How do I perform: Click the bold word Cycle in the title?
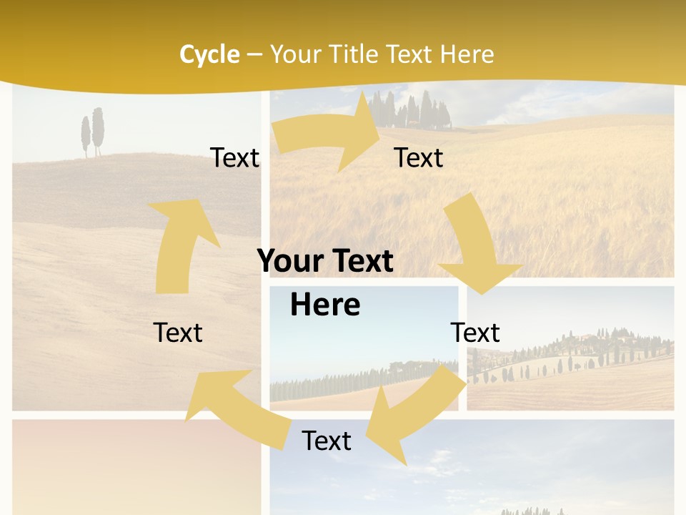tap(209, 54)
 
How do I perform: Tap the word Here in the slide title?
tap(467, 54)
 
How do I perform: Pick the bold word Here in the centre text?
tap(325, 305)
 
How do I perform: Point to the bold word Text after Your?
tap(362, 261)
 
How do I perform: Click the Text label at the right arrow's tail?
tap(234, 158)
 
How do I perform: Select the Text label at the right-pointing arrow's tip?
tap(419, 158)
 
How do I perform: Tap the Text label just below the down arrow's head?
tap(475, 333)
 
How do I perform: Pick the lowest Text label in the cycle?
tap(327, 441)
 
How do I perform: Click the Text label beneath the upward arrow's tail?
tap(178, 333)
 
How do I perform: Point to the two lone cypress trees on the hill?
tap(92, 132)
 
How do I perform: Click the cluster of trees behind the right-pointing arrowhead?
tap(414, 112)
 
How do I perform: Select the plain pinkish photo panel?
tap(136, 465)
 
